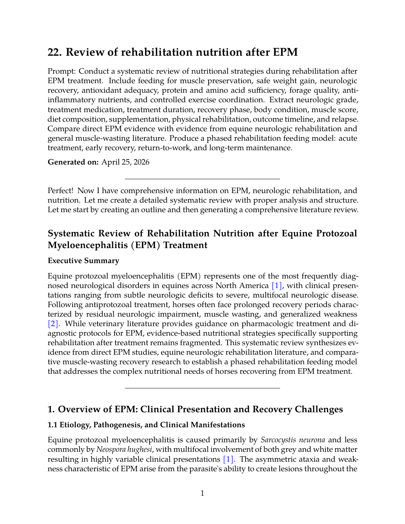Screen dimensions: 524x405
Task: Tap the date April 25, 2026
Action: point(125,162)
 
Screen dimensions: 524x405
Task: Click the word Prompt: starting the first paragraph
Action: point(62,71)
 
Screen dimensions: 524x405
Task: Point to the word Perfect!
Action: point(60,191)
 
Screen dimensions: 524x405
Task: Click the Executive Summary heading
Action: point(83,261)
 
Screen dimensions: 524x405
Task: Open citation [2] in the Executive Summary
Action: point(53,324)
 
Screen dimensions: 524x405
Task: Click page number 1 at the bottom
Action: point(202,493)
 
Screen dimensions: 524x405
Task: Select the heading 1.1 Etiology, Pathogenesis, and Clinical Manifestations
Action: point(146,425)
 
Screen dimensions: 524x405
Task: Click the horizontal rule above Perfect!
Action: point(202,179)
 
